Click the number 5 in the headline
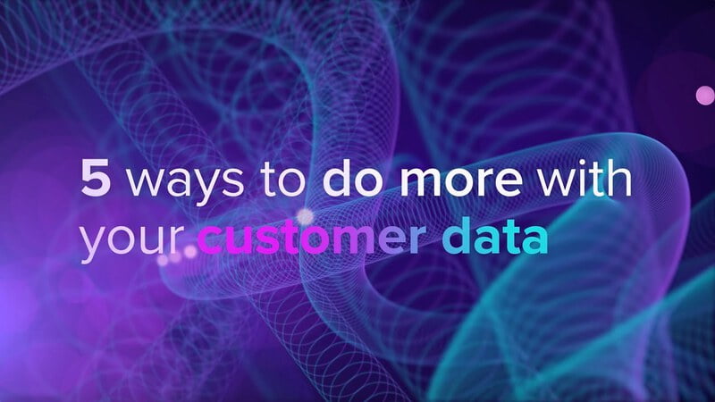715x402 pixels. [x=96, y=178]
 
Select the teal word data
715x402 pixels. [x=495, y=235]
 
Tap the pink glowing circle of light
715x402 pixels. [x=705, y=96]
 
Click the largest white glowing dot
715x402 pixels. [x=305, y=216]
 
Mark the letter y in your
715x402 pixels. [x=95, y=245]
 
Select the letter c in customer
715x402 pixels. [x=210, y=240]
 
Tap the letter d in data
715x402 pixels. [x=457, y=235]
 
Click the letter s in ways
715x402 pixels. [x=233, y=182]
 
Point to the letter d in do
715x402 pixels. [x=339, y=177]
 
